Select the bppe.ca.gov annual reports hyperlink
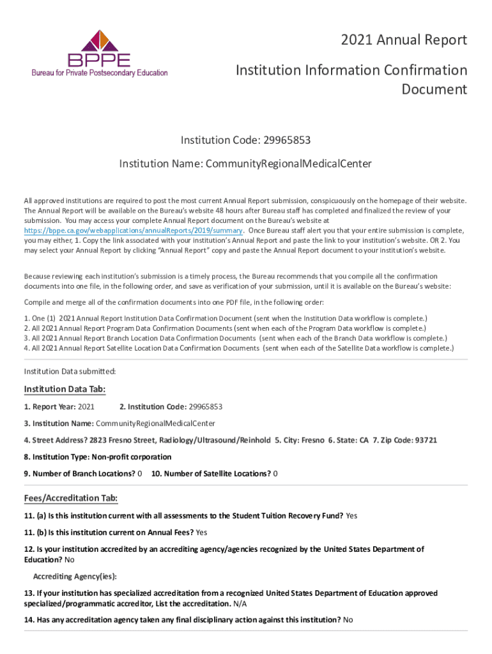133,231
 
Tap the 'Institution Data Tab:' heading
65,390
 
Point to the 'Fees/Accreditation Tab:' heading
70,498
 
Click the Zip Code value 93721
426,440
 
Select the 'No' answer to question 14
348,620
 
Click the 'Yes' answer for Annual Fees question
201,532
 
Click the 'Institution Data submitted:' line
70,371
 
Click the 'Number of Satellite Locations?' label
211,473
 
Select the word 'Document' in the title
434,89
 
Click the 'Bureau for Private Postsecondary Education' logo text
100,73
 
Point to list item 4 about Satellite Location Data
238,348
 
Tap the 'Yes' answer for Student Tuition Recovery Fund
351,515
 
